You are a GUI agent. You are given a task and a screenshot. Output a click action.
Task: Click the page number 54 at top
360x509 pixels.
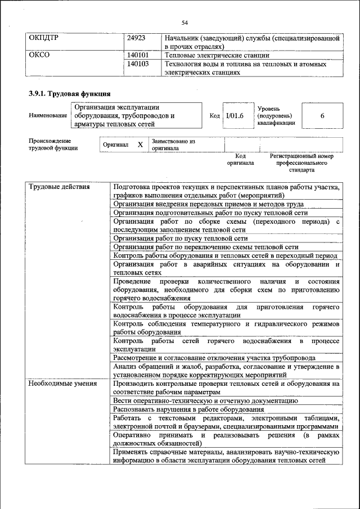(184, 22)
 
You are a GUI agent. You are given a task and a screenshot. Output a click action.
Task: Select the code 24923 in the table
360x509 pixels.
(137, 38)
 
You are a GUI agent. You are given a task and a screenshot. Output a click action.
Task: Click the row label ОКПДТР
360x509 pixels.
(43, 38)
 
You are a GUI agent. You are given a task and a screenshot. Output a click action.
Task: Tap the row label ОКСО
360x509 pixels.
(39, 56)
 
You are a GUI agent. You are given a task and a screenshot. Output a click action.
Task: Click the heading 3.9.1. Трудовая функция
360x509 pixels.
(69, 93)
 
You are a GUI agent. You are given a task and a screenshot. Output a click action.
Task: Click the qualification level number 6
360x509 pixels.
(322, 115)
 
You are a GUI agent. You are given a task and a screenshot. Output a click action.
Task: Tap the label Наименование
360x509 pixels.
(48, 115)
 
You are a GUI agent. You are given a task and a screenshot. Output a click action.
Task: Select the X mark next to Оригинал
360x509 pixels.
(140, 145)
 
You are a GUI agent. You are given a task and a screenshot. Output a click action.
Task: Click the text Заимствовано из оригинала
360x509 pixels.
(173, 145)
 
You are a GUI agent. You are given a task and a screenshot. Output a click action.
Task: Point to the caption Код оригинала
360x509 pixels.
(240, 159)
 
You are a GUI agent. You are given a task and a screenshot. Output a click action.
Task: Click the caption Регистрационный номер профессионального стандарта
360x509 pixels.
(301, 163)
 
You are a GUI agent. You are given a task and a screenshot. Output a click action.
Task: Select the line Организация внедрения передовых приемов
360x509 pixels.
(208, 204)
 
